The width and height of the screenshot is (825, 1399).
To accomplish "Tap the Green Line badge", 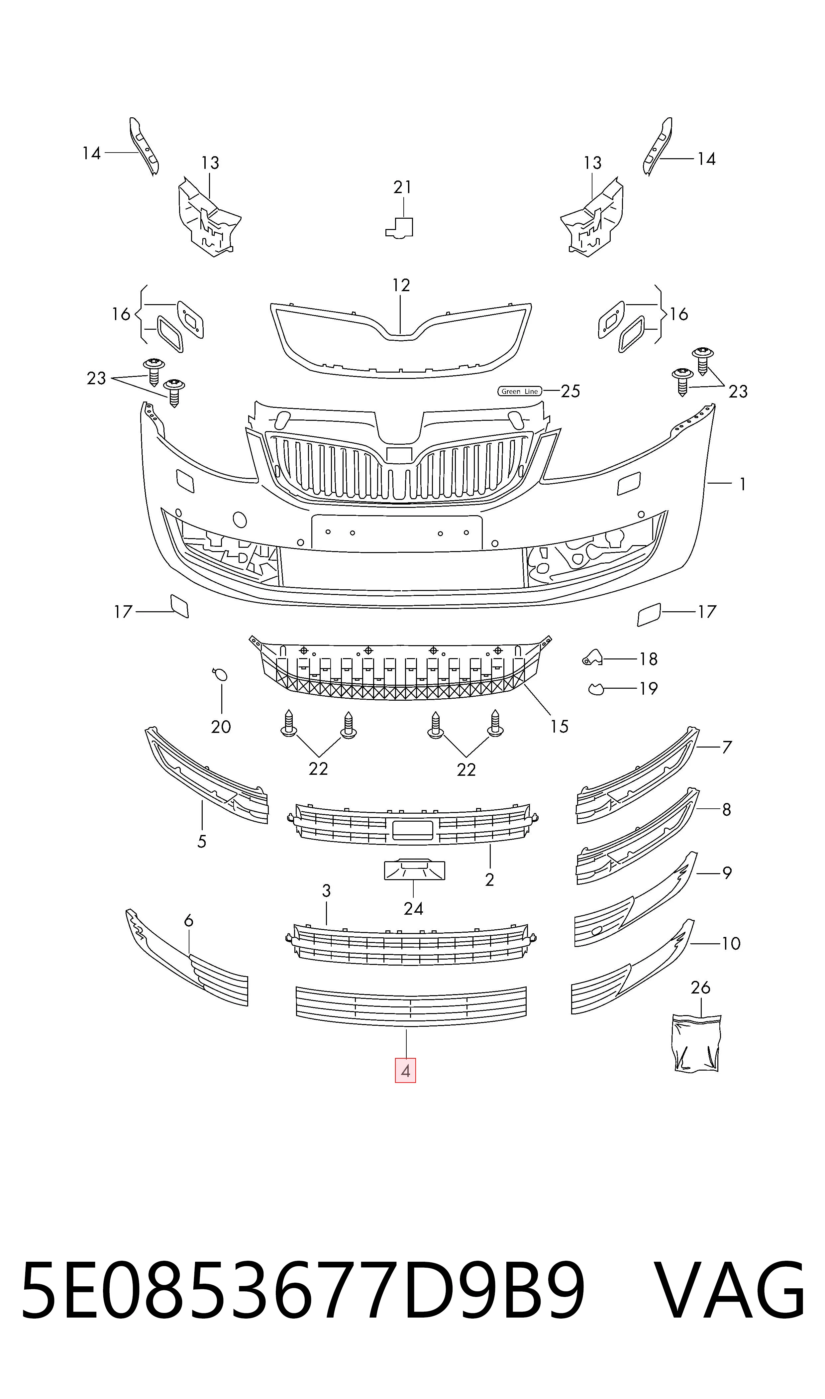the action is (519, 392).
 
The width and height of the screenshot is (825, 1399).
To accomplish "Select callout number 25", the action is (570, 392).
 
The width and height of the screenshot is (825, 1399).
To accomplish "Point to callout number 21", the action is (402, 187).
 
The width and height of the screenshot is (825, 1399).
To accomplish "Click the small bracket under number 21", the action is (400, 227).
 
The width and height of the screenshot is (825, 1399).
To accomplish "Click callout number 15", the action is (559, 726).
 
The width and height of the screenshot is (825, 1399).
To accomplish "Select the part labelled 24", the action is (415, 870).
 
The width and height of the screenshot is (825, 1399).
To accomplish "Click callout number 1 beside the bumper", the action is (742, 484).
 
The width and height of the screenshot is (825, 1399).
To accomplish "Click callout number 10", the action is (731, 944).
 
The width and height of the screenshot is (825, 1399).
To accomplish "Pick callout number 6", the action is (188, 921).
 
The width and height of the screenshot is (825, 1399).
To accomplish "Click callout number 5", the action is (202, 841).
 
